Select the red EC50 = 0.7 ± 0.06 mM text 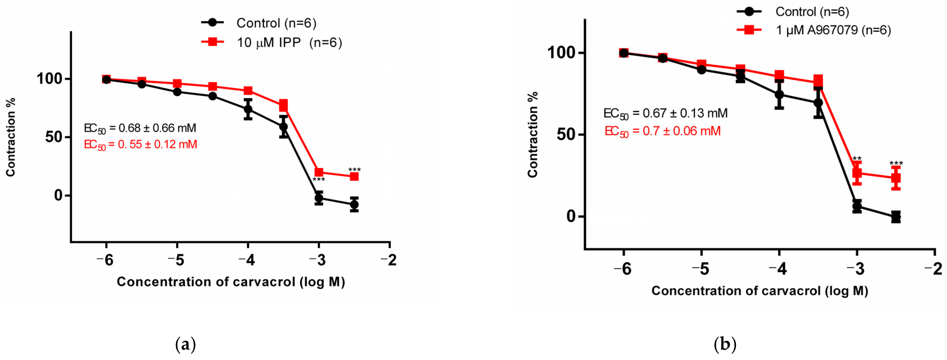663,131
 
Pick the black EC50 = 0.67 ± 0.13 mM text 665,113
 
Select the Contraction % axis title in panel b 532,135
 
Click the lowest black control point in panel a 354,205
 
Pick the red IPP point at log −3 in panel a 319,172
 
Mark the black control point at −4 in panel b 779,94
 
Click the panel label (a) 186,345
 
